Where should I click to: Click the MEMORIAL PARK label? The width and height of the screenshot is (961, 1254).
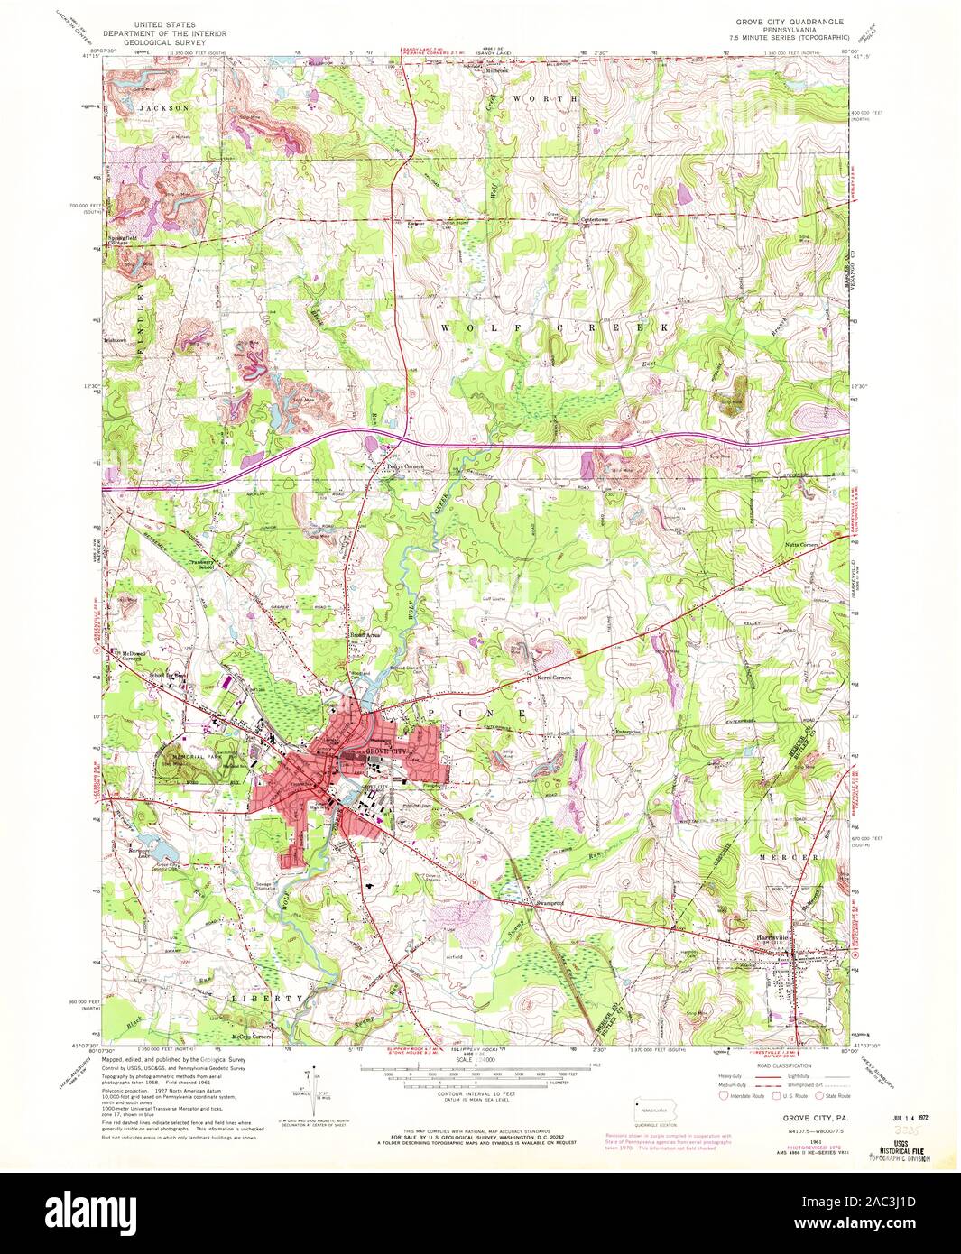tap(189, 756)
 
